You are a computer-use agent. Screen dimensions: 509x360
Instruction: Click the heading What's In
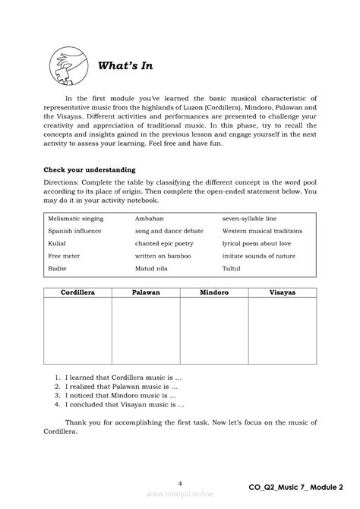click(x=125, y=66)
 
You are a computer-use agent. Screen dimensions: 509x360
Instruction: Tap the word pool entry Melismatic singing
click(x=76, y=218)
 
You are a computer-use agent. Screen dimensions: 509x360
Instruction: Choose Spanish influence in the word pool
click(x=74, y=231)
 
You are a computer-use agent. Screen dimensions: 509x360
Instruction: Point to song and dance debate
click(x=170, y=231)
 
